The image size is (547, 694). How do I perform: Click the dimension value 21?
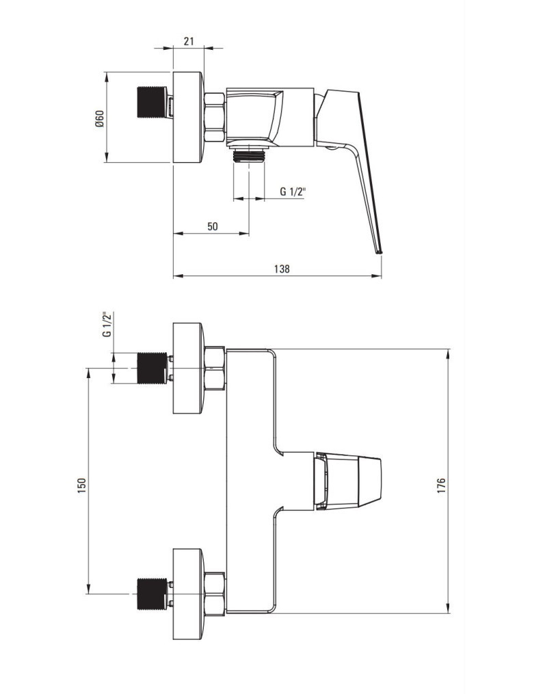click(x=189, y=41)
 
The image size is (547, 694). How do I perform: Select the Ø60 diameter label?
click(x=99, y=119)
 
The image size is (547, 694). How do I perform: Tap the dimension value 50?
click(x=213, y=226)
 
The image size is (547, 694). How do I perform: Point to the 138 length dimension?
click(x=282, y=269)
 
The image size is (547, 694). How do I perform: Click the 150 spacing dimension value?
click(x=81, y=485)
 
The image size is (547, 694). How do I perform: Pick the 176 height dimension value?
click(x=441, y=486)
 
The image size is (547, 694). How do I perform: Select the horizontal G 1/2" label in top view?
click(x=293, y=191)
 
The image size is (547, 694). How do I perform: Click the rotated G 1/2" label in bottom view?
click(x=107, y=325)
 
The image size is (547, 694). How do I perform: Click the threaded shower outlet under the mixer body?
click(x=249, y=155)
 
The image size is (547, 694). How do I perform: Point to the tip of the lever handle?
click(x=379, y=252)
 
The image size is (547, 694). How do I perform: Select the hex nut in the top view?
click(x=215, y=118)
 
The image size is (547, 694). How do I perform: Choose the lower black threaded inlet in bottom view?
click(x=152, y=593)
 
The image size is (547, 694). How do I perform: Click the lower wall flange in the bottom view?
click(x=189, y=594)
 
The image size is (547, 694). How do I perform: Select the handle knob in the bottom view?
click(x=347, y=481)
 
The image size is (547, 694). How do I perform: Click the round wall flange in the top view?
click(x=189, y=118)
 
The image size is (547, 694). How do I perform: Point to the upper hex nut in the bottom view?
click(x=215, y=369)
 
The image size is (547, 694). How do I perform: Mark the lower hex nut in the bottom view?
click(x=215, y=594)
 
